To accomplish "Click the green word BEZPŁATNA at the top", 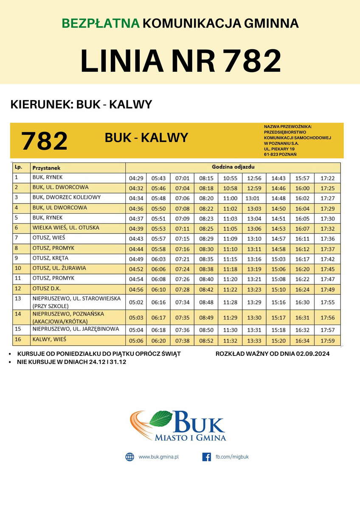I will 100,23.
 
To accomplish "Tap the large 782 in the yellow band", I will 44,141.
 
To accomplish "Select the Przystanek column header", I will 46,168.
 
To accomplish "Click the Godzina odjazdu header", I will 233,167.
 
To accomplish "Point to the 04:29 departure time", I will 136,178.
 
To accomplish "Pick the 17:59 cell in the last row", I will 328,341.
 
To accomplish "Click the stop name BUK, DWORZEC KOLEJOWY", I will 66,198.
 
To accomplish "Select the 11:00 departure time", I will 230,198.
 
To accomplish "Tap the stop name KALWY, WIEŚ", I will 49,339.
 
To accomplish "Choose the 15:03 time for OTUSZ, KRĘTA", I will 278,259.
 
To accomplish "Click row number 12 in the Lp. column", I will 17,288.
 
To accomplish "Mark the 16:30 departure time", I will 303,302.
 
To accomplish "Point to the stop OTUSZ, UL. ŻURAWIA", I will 59,268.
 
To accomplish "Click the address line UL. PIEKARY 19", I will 279,149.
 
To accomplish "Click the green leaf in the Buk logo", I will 161,418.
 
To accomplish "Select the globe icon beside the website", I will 129,457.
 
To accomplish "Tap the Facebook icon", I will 207,457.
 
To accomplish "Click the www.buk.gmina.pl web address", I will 158,457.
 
